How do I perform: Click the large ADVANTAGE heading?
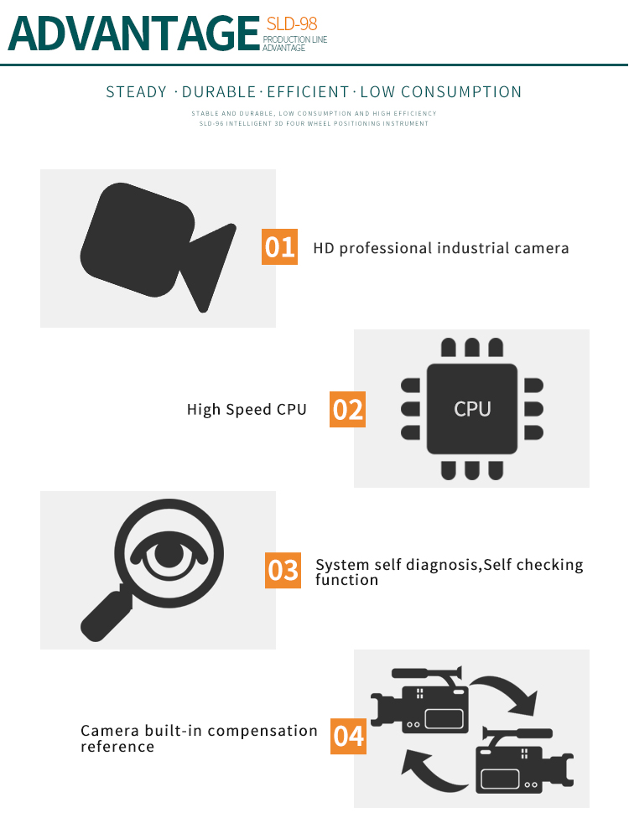coord(134,34)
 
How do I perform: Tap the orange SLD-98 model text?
coord(292,23)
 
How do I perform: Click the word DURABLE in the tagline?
coord(218,92)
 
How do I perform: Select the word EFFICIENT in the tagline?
coord(308,92)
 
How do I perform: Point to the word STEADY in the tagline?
coord(137,92)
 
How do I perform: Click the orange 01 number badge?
coord(279,246)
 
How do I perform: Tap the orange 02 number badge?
coord(347,409)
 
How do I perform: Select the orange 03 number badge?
coord(283,571)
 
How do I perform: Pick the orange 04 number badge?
coord(349,736)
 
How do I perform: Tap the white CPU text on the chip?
coord(472,409)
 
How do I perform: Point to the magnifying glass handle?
coord(105,614)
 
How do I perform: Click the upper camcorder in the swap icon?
coord(420,701)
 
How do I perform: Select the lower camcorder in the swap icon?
coord(524,761)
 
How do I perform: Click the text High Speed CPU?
coord(247,410)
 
